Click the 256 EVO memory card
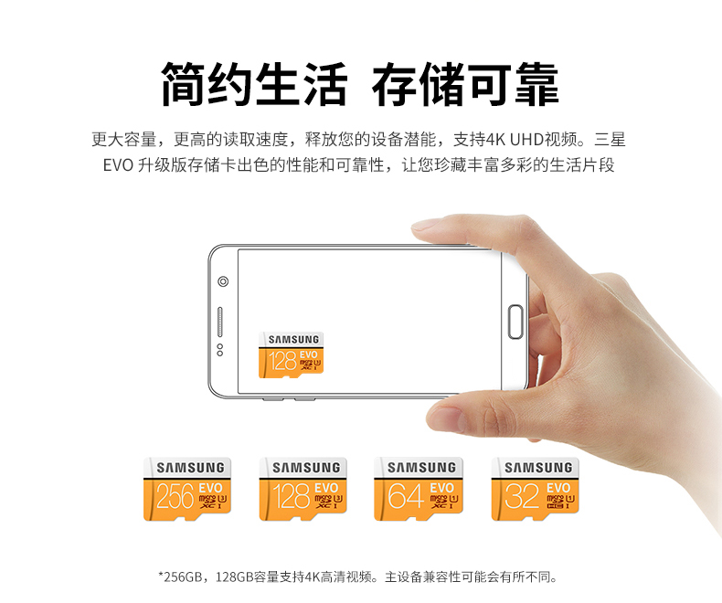[187, 489]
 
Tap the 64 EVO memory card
[418, 489]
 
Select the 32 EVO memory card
[535, 489]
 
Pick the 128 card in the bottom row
[303, 489]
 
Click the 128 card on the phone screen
[291, 354]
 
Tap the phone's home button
[515, 322]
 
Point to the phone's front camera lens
[223, 281]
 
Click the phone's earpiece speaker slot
[220, 322]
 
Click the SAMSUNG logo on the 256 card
[190, 468]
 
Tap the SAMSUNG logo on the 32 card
[538, 468]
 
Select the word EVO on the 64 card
[442, 488]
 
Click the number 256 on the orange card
[175, 496]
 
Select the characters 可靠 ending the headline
[513, 84]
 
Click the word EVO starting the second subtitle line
[118, 164]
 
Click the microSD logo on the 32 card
[555, 500]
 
